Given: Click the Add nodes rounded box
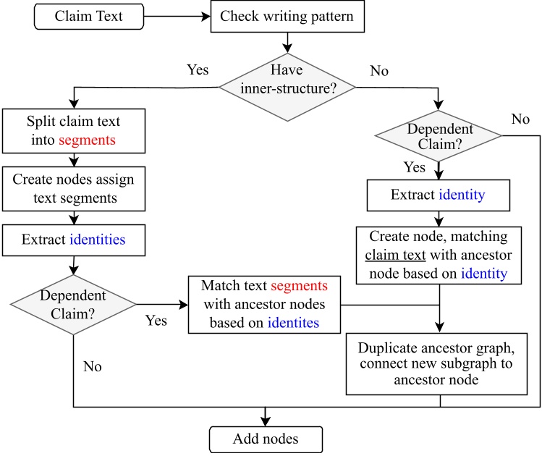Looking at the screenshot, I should pos(265,439).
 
